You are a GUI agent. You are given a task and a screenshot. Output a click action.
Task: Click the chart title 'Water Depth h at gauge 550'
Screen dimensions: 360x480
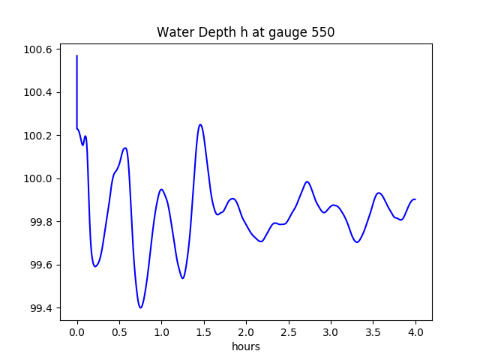coord(245,32)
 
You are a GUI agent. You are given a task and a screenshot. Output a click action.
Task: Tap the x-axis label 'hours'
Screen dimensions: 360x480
coord(245,346)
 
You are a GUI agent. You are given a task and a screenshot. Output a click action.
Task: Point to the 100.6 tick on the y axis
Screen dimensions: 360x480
coord(40,49)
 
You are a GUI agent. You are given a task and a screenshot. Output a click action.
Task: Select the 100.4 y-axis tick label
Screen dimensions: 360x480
coord(40,93)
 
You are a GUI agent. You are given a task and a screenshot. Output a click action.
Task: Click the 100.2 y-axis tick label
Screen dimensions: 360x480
coord(40,136)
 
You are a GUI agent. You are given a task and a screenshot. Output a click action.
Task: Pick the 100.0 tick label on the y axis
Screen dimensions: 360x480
coord(40,179)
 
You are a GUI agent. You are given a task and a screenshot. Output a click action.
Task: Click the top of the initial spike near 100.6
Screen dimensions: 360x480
coord(77,55)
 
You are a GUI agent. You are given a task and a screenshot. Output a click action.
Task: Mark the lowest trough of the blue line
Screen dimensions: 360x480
coord(140,307)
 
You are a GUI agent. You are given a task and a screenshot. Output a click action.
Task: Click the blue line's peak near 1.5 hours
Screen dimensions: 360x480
coord(200,124)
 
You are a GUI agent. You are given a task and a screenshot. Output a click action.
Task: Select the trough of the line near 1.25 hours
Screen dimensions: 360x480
coord(182,278)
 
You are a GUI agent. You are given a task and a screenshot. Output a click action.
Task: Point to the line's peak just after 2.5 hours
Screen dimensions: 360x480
coord(307,181)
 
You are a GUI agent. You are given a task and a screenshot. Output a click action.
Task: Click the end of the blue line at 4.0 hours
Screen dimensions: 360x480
coord(415,199)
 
